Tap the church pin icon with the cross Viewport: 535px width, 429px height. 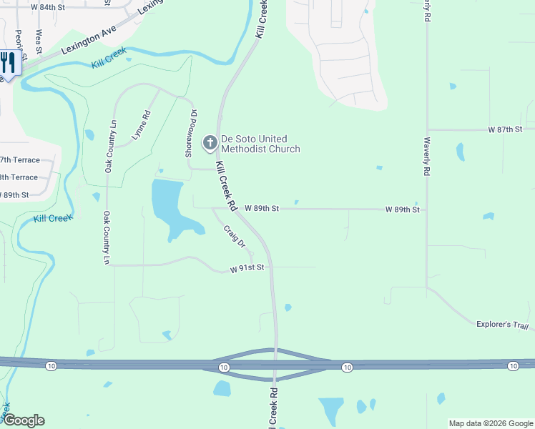[210, 143]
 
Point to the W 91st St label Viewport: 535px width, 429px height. [247, 268]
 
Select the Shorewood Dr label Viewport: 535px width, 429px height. [190, 134]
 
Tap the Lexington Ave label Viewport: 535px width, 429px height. [88, 41]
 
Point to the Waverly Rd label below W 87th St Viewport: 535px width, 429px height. [426, 157]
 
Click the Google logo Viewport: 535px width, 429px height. [23, 420]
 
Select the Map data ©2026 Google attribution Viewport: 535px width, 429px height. [490, 423]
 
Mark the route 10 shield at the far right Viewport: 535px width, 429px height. [513, 366]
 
